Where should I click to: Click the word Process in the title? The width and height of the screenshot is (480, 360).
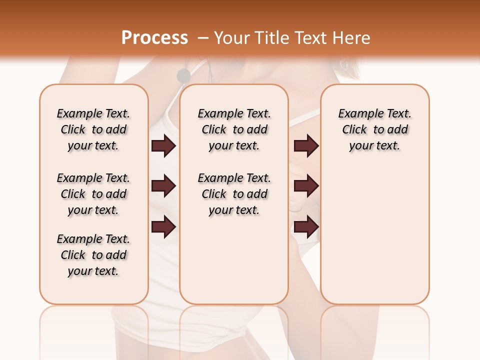[154, 38]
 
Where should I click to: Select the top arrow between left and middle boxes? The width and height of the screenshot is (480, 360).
[163, 146]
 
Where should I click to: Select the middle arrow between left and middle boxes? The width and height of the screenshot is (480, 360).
[163, 186]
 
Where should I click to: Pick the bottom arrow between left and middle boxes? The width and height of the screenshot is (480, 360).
[163, 227]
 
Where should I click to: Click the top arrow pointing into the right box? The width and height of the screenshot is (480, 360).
[306, 146]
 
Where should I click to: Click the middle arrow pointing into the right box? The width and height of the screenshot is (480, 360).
[306, 186]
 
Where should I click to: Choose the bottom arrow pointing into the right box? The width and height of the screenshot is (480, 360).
[306, 227]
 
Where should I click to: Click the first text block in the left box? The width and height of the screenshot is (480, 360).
[93, 129]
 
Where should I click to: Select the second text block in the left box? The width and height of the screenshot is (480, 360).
[93, 194]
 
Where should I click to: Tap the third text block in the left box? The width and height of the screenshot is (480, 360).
[93, 255]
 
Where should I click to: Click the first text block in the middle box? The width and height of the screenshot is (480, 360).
[234, 129]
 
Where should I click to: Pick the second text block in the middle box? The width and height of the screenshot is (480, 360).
[234, 194]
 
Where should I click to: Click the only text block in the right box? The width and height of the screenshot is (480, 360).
[374, 129]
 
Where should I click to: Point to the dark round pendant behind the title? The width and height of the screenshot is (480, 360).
[184, 75]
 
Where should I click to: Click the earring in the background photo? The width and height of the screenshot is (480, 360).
[344, 65]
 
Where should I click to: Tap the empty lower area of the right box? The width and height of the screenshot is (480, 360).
[374, 240]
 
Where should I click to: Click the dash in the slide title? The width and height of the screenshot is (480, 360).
[203, 38]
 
